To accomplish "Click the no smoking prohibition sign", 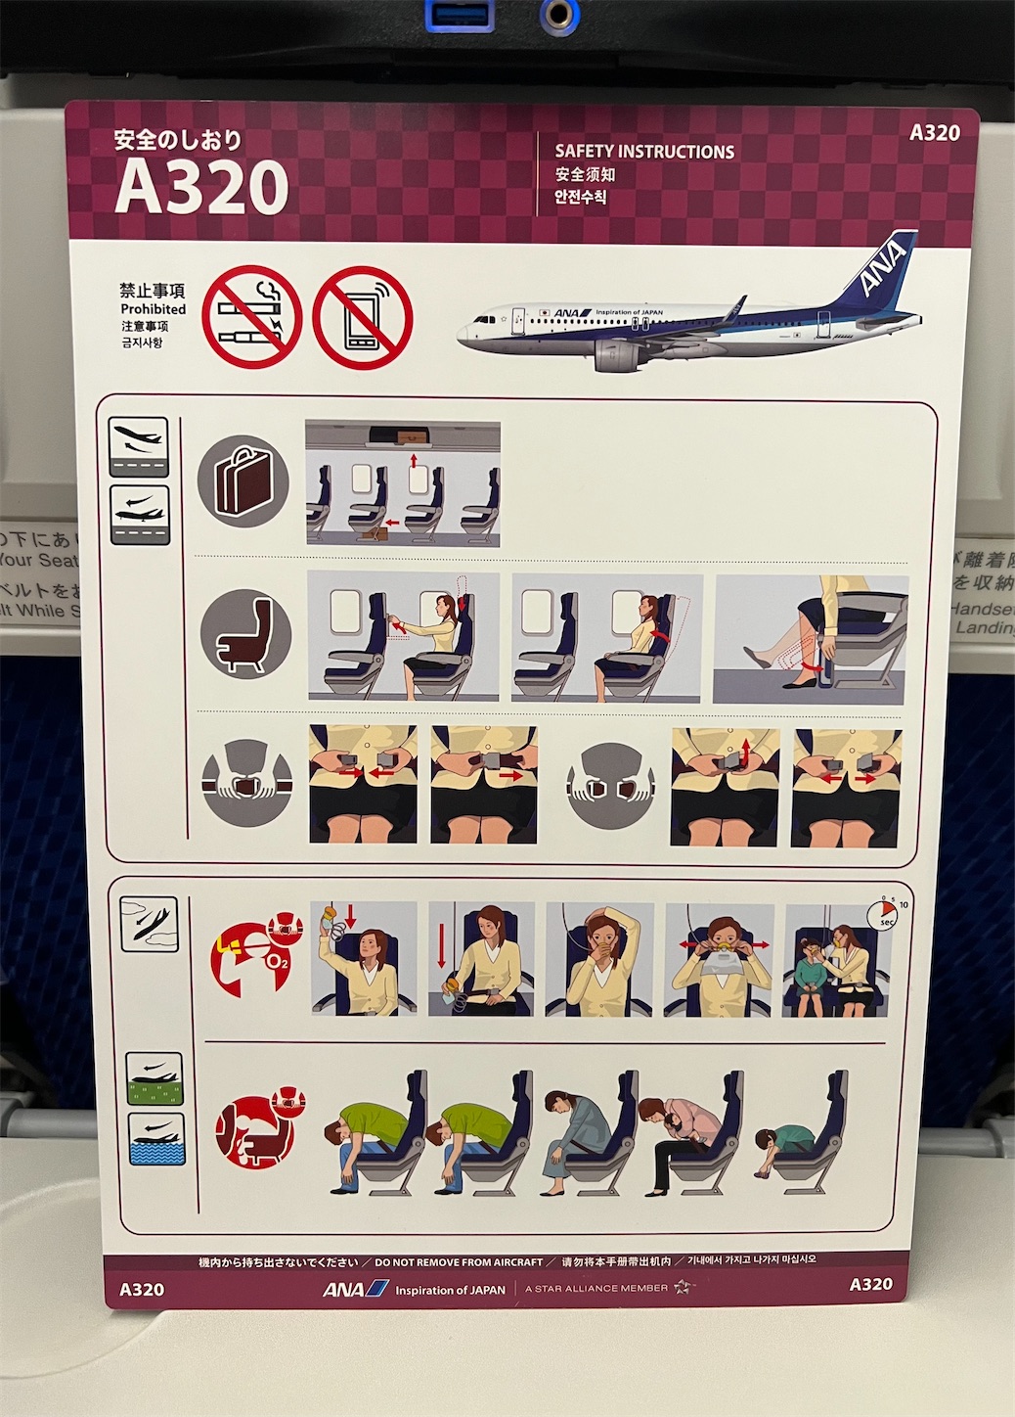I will tap(250, 316).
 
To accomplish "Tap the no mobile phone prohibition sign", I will tap(363, 317).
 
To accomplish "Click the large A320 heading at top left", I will tap(201, 188).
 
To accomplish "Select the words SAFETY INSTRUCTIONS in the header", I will tap(644, 152).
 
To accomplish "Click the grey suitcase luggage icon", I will tap(243, 481).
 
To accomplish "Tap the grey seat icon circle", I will tap(245, 634).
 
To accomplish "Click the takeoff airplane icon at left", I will tap(140, 446).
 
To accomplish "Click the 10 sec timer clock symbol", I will tap(883, 915).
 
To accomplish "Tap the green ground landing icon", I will tap(154, 1078).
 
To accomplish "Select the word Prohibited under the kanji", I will tap(153, 308).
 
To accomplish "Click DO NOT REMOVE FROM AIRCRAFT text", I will tap(459, 1262).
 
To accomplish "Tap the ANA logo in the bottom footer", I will tap(355, 1289).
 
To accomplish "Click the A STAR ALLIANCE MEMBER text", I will tap(596, 1288).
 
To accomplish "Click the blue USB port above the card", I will tap(460, 14).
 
